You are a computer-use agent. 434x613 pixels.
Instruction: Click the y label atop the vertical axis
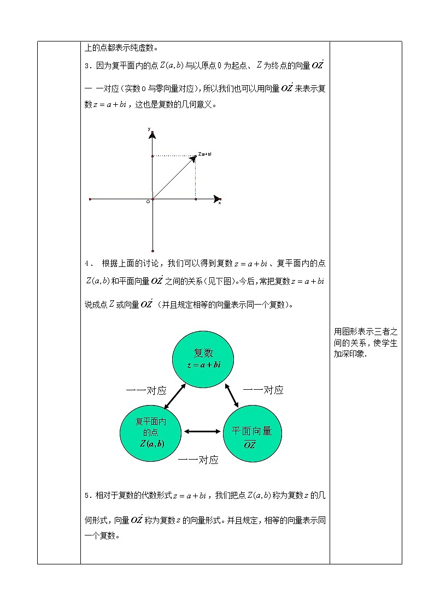(x=149, y=128)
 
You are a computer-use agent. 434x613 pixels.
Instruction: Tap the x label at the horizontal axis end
(x=220, y=203)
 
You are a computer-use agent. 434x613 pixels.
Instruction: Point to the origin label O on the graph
(x=148, y=202)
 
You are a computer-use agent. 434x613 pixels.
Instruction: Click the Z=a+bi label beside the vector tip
(x=205, y=154)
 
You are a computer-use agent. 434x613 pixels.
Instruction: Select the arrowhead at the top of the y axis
(x=153, y=133)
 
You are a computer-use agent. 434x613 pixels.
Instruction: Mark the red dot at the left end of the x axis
(x=90, y=199)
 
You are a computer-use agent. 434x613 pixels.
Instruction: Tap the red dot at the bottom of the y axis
(x=153, y=251)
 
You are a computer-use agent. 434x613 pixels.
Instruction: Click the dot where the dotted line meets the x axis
(x=196, y=199)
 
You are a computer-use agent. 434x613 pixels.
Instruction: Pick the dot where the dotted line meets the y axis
(x=153, y=156)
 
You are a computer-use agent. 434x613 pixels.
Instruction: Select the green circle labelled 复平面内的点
(x=151, y=432)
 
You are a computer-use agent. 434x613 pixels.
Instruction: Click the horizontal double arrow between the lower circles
(x=202, y=432)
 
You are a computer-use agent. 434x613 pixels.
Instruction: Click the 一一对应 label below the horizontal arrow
(x=198, y=460)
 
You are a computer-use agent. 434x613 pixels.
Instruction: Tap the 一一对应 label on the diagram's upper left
(x=146, y=390)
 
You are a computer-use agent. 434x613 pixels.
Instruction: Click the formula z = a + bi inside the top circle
(x=203, y=364)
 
